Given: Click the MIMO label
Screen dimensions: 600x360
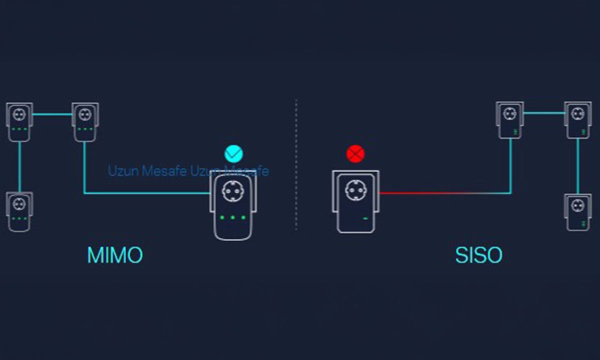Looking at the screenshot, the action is (x=115, y=255).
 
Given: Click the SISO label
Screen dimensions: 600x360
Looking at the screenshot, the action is (x=478, y=255).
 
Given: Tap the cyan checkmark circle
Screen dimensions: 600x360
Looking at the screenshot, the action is (x=233, y=154).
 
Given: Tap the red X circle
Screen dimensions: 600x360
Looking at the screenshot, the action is (x=355, y=154).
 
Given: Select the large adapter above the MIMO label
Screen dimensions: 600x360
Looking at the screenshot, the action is (x=233, y=205).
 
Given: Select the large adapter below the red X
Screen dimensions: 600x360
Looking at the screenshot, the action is (x=355, y=201).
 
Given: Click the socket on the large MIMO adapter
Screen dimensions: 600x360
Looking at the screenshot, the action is (x=233, y=191).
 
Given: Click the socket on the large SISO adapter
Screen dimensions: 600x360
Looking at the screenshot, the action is (x=356, y=190).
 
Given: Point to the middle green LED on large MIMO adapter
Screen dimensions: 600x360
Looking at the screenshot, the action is (x=233, y=217).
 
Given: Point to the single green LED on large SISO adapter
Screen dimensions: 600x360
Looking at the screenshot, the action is (x=365, y=218).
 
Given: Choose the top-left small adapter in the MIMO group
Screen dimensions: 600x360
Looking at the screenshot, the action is (x=19, y=122).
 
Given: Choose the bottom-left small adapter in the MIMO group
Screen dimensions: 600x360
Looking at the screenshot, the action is (x=19, y=211).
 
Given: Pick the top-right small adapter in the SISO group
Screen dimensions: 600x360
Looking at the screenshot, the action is (x=578, y=120).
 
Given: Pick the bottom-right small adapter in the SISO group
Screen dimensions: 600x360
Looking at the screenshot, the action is (x=578, y=212).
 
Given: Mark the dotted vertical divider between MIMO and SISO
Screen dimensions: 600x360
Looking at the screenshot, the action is (x=296, y=164).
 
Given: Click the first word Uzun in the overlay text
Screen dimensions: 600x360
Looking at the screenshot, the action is (x=123, y=171).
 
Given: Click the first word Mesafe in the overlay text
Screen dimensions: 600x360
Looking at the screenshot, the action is (x=164, y=171).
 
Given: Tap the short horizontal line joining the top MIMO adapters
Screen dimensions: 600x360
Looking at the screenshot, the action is (x=52, y=114).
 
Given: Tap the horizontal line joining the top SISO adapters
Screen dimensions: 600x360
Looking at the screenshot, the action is (x=544, y=113).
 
